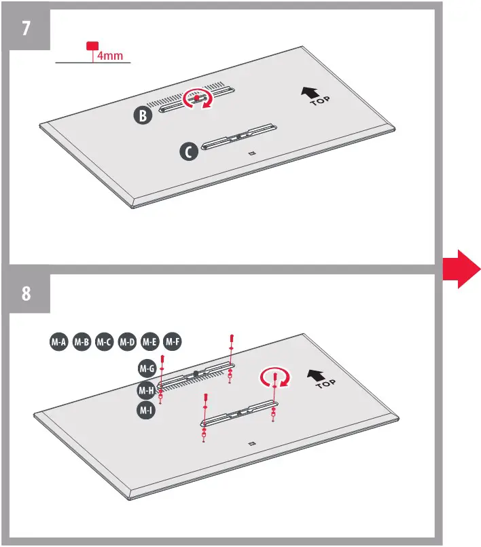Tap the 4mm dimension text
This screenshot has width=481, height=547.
pos(110,56)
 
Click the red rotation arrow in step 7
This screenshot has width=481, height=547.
pos(200,99)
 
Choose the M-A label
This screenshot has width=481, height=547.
pos(58,342)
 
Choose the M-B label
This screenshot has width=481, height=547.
pos(82,342)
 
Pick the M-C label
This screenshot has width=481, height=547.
pos(104,342)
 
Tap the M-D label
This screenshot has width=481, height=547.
pos(127,342)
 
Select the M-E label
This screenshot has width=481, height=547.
pos(149,342)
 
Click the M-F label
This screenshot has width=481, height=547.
pos(173,342)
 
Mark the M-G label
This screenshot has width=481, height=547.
pos(147,368)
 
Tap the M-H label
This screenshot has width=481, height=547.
pos(145,390)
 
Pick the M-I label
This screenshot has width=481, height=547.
pos(145,411)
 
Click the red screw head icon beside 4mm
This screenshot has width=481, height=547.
pos(90,46)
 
